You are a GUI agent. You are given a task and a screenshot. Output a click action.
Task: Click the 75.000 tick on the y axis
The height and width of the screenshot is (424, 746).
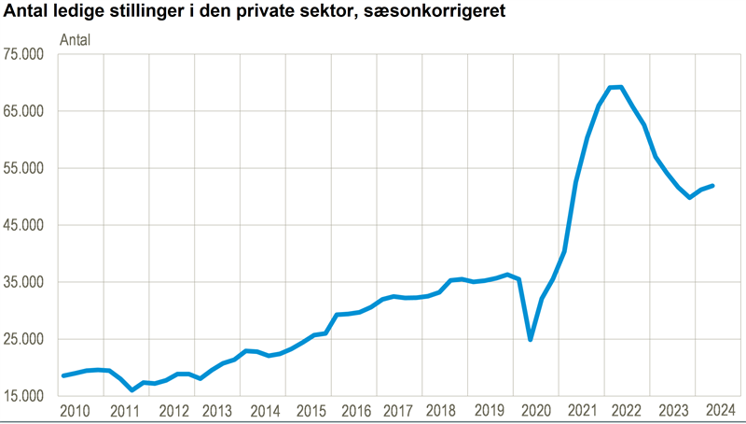(24, 54)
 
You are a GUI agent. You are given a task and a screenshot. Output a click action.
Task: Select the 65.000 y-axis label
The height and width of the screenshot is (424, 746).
(24, 111)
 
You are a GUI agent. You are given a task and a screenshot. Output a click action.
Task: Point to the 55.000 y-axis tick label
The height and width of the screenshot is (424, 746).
(24, 168)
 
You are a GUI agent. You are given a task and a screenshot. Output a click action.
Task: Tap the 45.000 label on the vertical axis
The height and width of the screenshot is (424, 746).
(24, 225)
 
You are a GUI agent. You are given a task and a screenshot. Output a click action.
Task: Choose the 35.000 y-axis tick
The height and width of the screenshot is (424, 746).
(24, 282)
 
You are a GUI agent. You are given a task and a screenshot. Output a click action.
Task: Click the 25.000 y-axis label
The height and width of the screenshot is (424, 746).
(24, 339)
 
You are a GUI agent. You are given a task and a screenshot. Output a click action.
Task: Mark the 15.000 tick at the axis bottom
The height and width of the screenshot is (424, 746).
(24, 396)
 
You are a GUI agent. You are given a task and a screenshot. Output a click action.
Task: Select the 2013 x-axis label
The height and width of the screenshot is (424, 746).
(217, 411)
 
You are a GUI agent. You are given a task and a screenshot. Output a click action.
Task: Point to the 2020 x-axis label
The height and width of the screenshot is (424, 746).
(537, 411)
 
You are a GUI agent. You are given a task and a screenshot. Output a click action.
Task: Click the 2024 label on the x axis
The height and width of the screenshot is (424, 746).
(719, 411)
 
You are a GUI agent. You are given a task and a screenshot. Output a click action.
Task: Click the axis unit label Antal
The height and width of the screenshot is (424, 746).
(76, 40)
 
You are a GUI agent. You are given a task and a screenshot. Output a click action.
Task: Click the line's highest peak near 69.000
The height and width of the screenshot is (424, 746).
(616, 87)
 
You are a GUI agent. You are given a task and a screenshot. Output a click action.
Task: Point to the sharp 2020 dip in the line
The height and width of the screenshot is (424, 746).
(531, 339)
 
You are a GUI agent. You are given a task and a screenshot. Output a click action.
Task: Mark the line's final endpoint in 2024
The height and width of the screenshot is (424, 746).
(713, 185)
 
